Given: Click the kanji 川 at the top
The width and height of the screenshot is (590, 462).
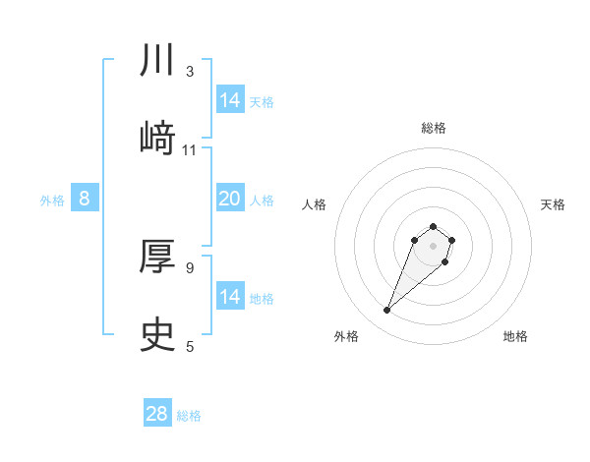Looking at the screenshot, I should [157, 62].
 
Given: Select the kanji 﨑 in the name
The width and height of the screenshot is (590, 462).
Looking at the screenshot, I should [157, 138].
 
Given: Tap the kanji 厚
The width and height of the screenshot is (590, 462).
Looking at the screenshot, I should [157, 259].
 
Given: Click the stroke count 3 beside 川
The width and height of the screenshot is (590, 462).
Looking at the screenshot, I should [190, 72].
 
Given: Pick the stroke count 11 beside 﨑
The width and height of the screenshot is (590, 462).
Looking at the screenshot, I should [190, 150].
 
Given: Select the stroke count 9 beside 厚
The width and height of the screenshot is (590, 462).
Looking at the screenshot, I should [190, 267].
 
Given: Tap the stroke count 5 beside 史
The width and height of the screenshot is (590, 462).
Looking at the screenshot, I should [190, 346].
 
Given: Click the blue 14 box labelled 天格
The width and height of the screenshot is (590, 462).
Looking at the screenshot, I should [230, 100].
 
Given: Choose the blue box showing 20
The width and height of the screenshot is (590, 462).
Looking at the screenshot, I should [230, 199].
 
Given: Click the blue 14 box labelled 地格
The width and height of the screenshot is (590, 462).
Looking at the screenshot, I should [230, 297].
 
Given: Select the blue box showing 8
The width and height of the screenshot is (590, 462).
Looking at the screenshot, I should [85, 199].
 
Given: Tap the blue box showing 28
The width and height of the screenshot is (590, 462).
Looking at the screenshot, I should [157, 414].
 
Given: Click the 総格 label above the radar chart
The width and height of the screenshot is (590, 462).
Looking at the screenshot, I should [434, 128].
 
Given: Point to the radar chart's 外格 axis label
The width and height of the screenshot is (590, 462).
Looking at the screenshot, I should [346, 337].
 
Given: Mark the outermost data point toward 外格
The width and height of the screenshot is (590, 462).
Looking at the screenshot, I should [387, 311].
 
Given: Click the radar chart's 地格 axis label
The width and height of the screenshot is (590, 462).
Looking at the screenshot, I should [515, 337].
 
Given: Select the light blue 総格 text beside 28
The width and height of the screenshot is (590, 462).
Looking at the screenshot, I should [189, 416].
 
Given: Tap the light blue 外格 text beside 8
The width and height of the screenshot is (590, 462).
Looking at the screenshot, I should [52, 201].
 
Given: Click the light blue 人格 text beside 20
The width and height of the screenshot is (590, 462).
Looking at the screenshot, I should [262, 201].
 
